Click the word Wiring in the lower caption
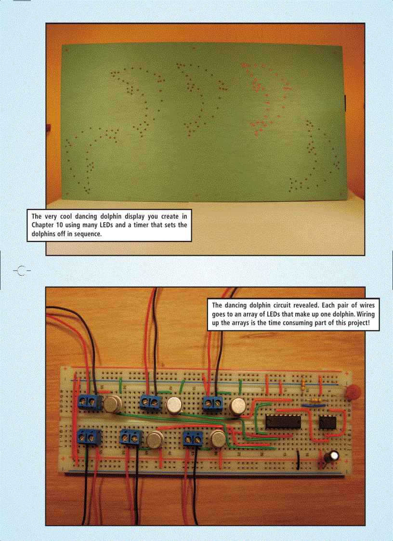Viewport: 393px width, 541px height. pos(367,314)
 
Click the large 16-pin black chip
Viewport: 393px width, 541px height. pos(283,421)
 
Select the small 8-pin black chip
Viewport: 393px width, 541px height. pos(327,422)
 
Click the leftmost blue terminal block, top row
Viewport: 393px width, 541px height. pos(88,401)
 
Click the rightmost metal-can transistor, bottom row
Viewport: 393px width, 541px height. pos(218,439)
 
